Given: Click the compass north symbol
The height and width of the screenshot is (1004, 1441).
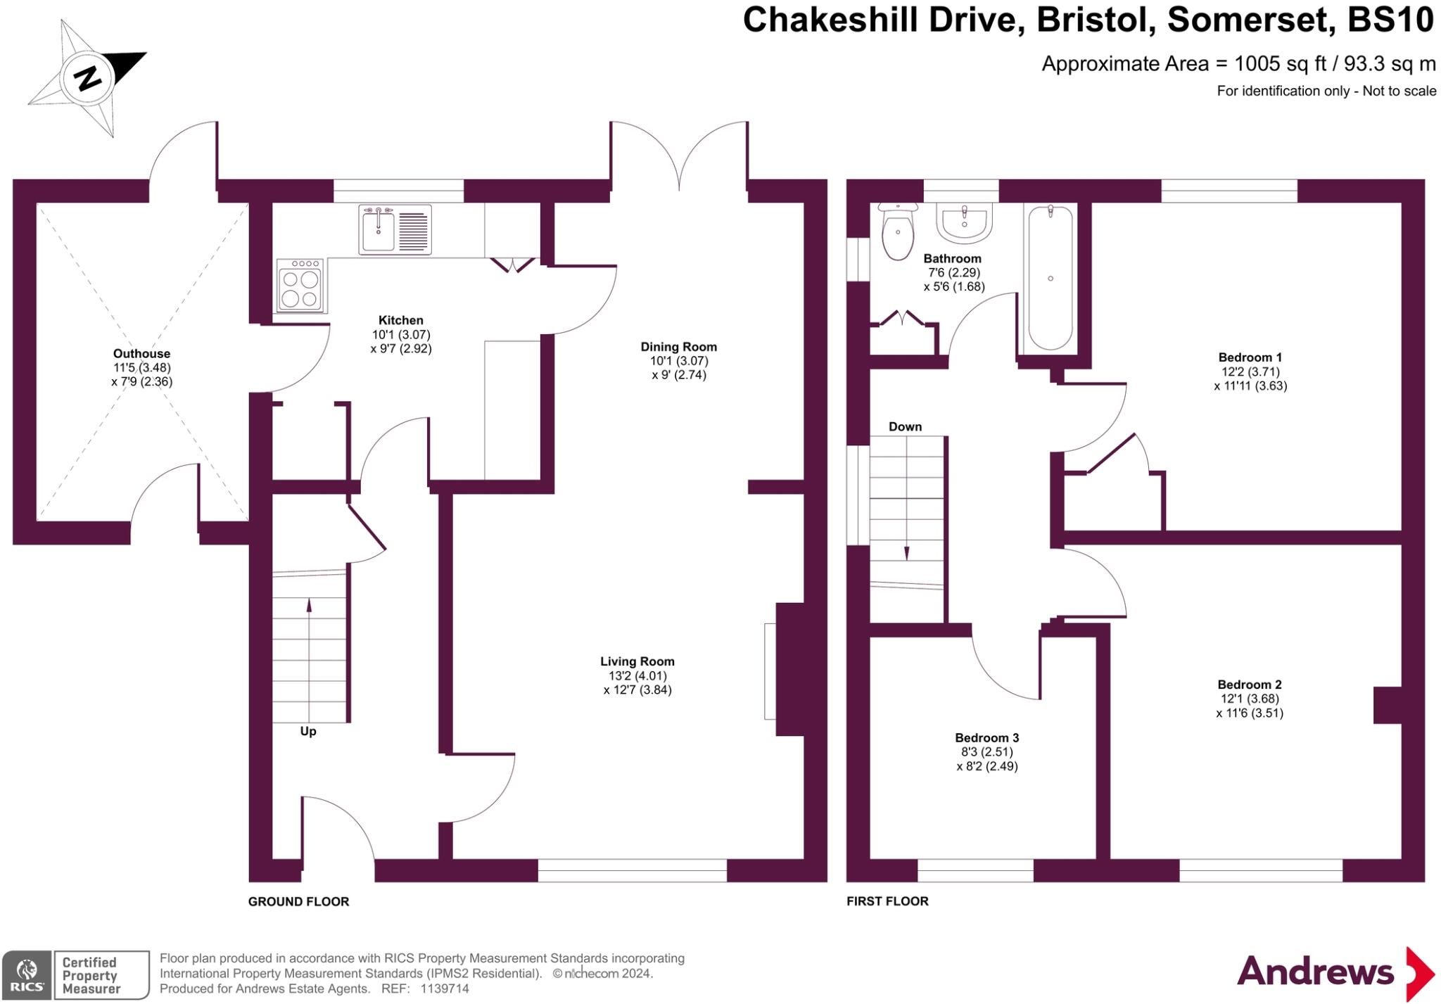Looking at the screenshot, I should pyautogui.click(x=87, y=77).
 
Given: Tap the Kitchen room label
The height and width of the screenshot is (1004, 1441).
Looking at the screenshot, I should pyautogui.click(x=400, y=321).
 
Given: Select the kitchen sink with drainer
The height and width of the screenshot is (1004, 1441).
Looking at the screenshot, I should pyautogui.click(x=395, y=229).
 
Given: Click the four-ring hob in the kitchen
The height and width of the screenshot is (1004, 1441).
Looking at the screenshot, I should pyautogui.click(x=300, y=285).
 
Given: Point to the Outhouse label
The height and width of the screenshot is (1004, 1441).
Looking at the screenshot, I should pyautogui.click(x=141, y=354).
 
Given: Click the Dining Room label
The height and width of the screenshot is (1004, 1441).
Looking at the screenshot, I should pyautogui.click(x=678, y=347).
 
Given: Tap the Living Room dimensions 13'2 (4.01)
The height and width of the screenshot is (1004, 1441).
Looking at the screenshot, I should pyautogui.click(x=637, y=675).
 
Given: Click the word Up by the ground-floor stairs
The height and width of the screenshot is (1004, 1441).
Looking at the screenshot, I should pyautogui.click(x=308, y=731).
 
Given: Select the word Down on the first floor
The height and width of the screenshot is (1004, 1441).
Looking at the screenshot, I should pyautogui.click(x=905, y=426).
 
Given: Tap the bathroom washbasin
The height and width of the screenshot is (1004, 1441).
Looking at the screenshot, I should pyautogui.click(x=964, y=222).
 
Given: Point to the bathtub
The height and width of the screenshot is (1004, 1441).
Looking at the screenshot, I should pyautogui.click(x=1050, y=277).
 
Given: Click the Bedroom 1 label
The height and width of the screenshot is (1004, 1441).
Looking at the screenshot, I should pyautogui.click(x=1250, y=357).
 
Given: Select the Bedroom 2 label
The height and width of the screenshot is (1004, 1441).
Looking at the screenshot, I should pyautogui.click(x=1250, y=685).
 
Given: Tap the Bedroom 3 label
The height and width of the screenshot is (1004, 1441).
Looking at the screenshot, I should pyautogui.click(x=986, y=738).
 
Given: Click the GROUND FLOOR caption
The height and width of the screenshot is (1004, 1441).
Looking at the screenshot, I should pyautogui.click(x=298, y=901).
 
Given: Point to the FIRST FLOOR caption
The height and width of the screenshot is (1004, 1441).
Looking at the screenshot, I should pyautogui.click(x=887, y=901).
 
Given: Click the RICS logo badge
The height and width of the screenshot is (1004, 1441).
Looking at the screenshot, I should pyautogui.click(x=27, y=975).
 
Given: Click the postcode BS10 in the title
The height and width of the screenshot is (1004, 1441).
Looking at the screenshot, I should pyautogui.click(x=1390, y=20).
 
